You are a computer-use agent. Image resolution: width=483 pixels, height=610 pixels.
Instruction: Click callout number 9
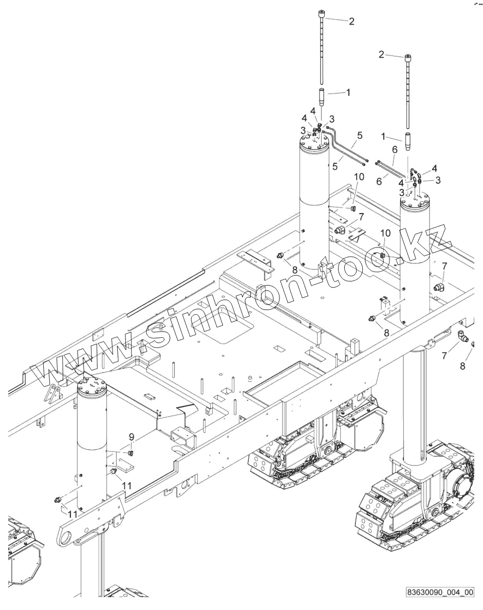(132, 437)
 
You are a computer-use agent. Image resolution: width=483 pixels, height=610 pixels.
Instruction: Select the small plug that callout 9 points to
(131, 452)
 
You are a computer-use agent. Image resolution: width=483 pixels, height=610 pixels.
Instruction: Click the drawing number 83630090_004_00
(439, 592)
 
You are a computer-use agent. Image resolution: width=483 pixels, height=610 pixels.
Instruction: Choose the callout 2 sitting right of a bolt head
(351, 21)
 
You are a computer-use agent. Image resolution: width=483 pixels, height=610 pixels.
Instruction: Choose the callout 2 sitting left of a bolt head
(381, 55)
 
